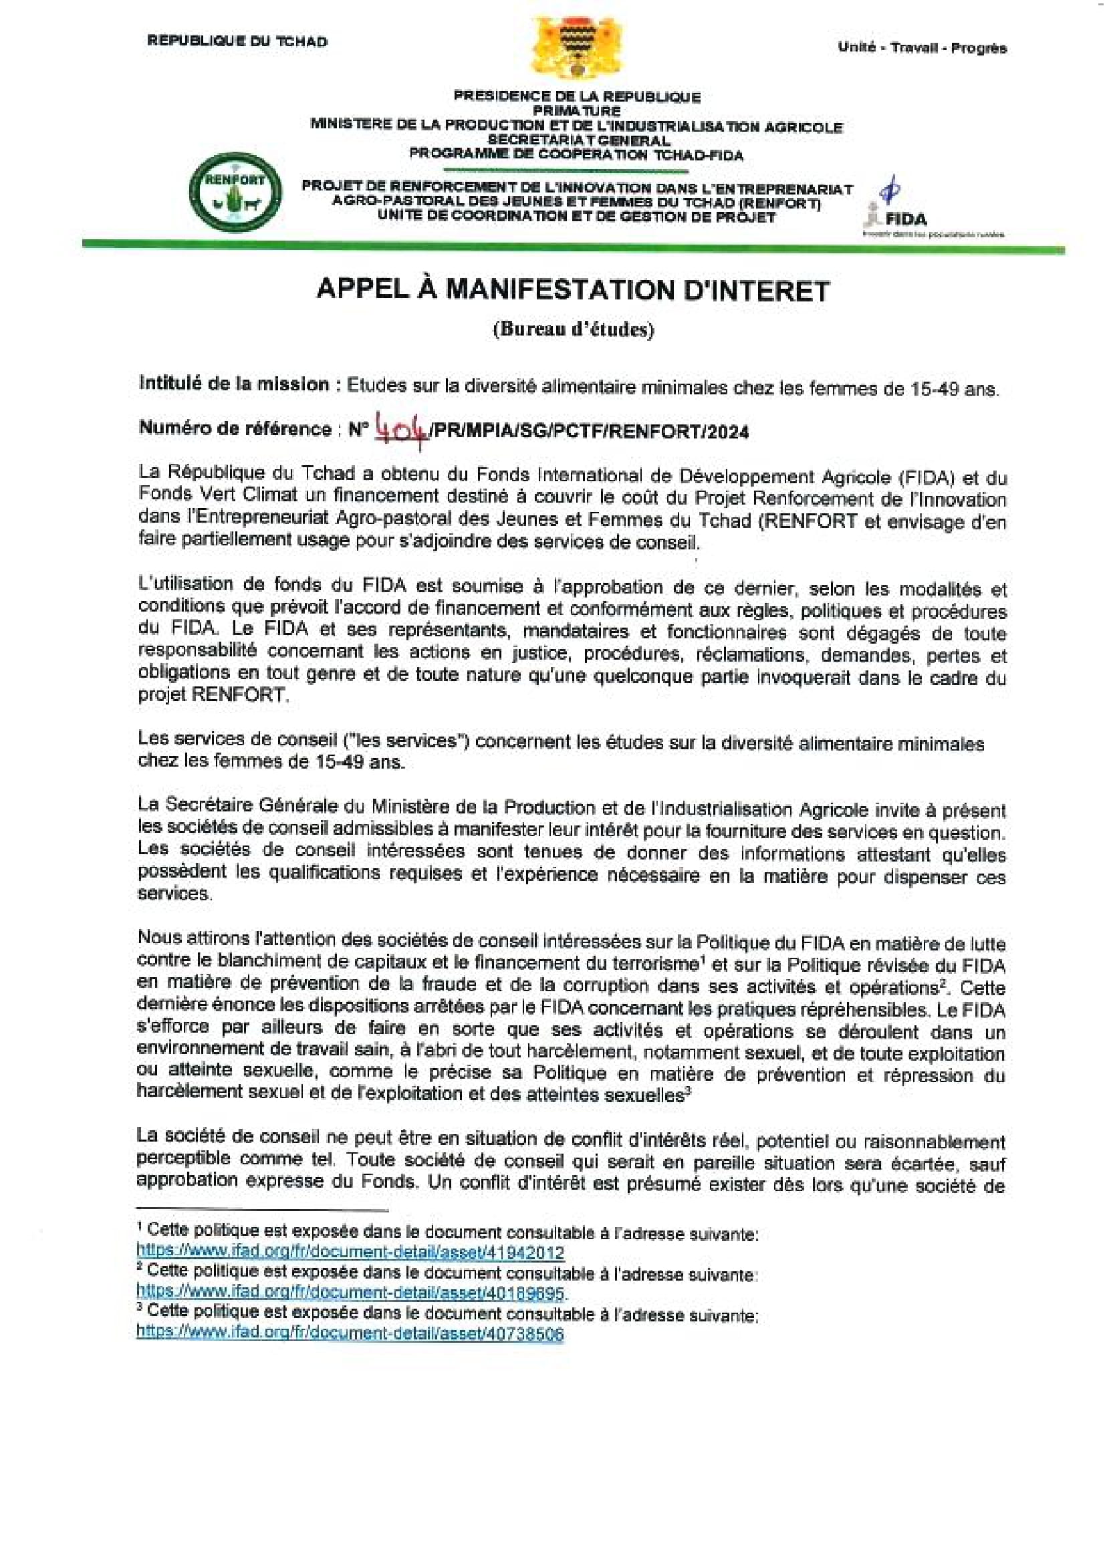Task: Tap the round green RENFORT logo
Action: [x=235, y=191]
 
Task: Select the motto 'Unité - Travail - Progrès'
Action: [x=922, y=47]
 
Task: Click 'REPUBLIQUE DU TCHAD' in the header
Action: [x=237, y=41]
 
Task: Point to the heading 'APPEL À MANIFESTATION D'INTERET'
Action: [x=573, y=291]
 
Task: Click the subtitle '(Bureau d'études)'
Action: [x=573, y=330]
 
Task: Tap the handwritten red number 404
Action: [x=402, y=430]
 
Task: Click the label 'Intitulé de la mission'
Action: [x=234, y=384]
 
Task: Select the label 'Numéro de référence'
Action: [x=235, y=428]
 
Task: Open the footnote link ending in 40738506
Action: [x=350, y=1333]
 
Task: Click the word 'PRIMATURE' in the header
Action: [x=576, y=110]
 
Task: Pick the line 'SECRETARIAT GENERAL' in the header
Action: [x=578, y=140]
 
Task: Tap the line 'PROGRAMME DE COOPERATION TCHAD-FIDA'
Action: [x=576, y=154]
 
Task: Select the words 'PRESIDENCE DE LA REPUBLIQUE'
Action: [x=577, y=97]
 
